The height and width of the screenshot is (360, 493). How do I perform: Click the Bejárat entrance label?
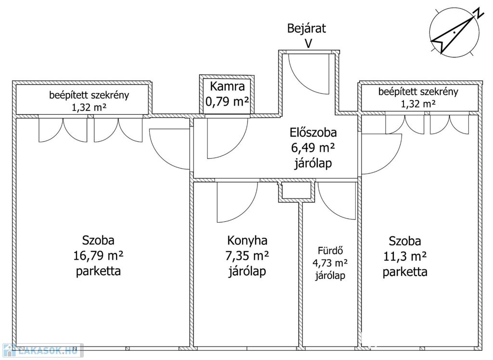pyautogui.click(x=306, y=28)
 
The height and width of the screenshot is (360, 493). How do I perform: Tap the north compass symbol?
pyautogui.click(x=454, y=32)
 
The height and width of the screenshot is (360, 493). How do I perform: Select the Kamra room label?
pyautogui.click(x=227, y=87)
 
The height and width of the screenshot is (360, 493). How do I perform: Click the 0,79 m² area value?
pyautogui.click(x=227, y=102)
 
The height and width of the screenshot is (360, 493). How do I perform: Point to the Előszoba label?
pyautogui.click(x=313, y=133)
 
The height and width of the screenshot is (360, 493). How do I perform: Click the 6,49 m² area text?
pyautogui.click(x=313, y=148)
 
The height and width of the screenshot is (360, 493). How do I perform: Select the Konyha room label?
pyautogui.click(x=247, y=240)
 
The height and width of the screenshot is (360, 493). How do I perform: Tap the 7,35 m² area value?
pyautogui.click(x=247, y=256)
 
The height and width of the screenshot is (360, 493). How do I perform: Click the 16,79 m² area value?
pyautogui.click(x=98, y=255)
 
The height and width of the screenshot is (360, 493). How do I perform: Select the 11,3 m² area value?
pyautogui.click(x=405, y=256)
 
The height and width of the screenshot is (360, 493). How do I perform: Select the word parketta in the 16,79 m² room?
pyautogui.click(x=98, y=271)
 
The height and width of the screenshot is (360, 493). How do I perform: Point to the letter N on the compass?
pyautogui.click(x=477, y=13)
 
